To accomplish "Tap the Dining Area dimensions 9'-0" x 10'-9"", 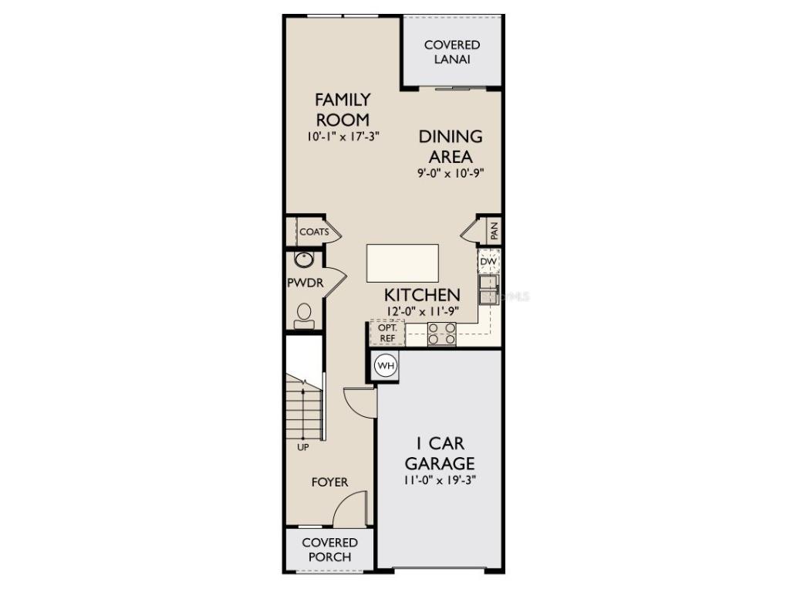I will click(451, 174).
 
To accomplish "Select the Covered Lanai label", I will click(451, 52).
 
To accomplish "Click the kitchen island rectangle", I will click(402, 263).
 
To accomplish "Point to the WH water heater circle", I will click(385, 365).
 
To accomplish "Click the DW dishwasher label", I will click(488, 262).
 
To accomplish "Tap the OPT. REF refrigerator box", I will click(387, 332).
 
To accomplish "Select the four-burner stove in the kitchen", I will click(442, 333).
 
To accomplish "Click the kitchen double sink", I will click(489, 289).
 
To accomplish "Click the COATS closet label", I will click(314, 232).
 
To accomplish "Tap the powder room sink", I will click(304, 259).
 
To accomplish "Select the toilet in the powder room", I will click(304, 315).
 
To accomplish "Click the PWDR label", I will click(305, 283).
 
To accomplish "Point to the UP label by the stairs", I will click(303, 447).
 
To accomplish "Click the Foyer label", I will click(329, 483).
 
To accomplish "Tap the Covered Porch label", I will click(329, 550).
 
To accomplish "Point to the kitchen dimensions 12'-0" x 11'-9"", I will click(423, 311).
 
